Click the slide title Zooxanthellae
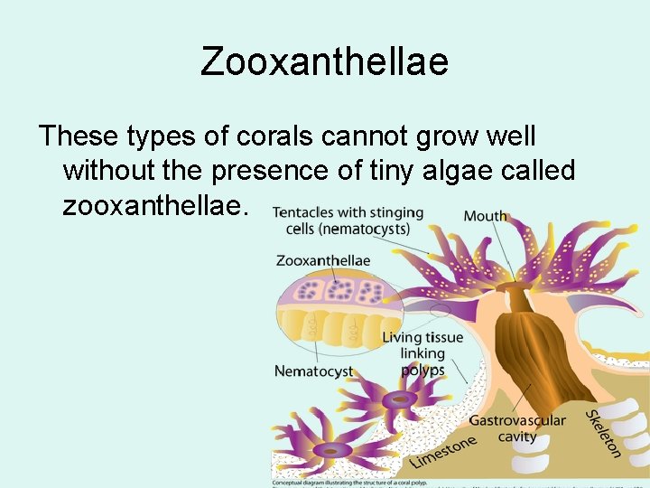click(x=324, y=62)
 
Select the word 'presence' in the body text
click(x=269, y=171)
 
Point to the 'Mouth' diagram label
click(x=486, y=217)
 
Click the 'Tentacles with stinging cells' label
click(x=348, y=221)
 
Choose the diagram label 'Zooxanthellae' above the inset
click(x=322, y=260)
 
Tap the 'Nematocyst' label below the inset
click(x=313, y=371)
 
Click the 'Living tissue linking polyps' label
click(x=422, y=353)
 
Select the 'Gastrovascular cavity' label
click(x=517, y=428)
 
